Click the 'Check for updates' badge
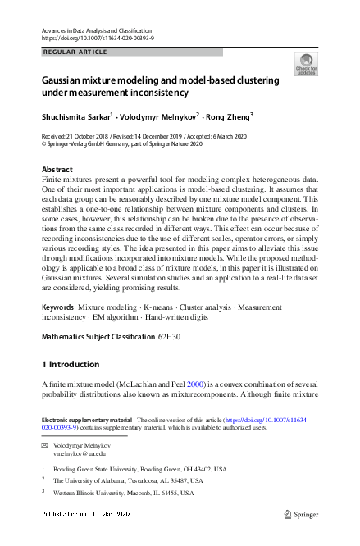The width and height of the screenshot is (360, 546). (x=305, y=65)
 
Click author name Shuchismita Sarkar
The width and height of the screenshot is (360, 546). (x=76, y=116)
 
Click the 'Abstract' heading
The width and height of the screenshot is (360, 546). (x=57, y=170)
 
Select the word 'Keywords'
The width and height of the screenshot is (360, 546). (x=57, y=306)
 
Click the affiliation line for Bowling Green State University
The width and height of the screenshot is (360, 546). (x=139, y=469)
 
